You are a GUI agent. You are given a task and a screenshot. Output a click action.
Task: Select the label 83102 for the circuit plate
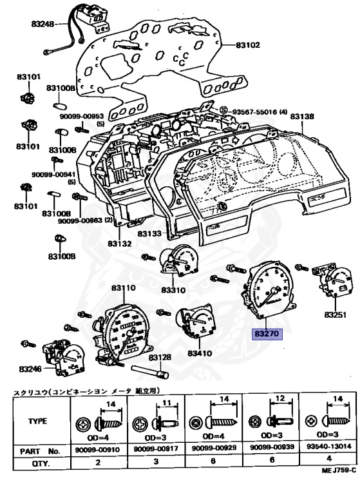[248, 45]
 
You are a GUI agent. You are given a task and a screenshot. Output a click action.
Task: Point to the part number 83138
[302, 117]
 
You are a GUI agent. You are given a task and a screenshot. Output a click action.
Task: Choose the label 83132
[119, 244]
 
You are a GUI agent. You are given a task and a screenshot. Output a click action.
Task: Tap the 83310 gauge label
[173, 290]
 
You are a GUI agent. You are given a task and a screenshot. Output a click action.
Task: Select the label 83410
[200, 353]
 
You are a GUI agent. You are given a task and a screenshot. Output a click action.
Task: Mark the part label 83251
[336, 315]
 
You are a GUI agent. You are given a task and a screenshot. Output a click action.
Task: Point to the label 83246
[31, 369]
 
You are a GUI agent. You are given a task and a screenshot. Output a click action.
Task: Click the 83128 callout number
[160, 357]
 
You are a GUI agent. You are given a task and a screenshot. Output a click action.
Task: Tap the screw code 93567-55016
[256, 112]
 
